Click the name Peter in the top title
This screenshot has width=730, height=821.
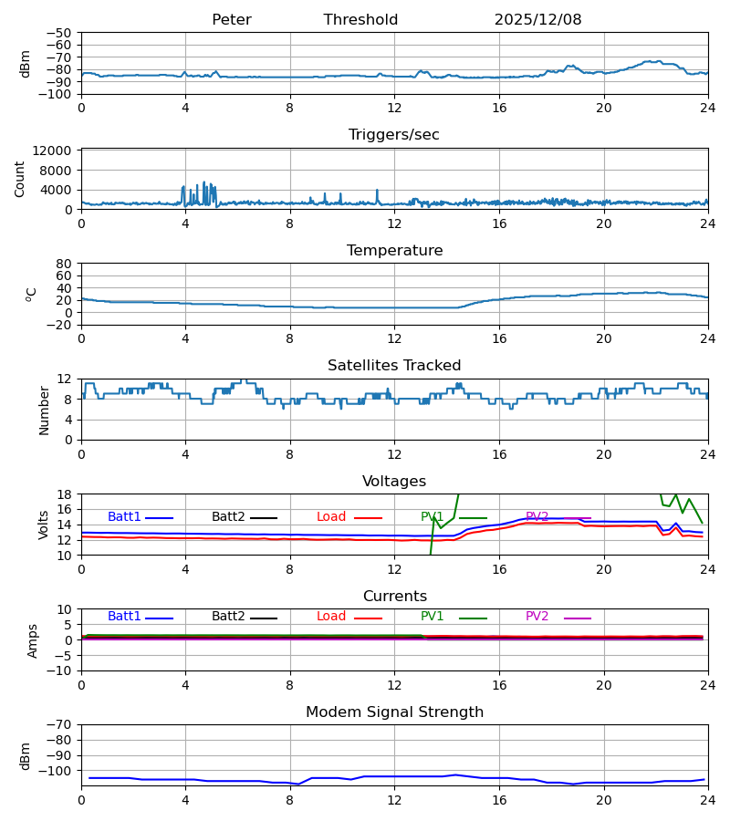231,20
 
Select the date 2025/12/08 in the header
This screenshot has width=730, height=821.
537,20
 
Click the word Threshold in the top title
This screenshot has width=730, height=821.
360,20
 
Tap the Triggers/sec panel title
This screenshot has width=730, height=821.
393,135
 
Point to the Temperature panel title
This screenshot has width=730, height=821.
394,251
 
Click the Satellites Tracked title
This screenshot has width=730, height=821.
394,366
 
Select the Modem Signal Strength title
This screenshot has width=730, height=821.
394,712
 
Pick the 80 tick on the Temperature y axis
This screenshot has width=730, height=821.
65,264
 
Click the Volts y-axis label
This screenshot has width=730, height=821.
44,525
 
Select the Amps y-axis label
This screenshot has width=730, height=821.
34,640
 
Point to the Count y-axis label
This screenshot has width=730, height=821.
20,179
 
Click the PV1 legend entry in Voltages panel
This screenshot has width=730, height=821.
433,517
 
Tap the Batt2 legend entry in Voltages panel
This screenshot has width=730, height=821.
228,517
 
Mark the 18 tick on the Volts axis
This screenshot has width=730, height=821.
65,494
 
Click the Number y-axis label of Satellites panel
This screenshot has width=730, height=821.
44,410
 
